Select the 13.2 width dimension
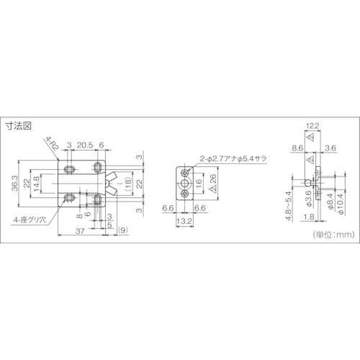tap(186, 222)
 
